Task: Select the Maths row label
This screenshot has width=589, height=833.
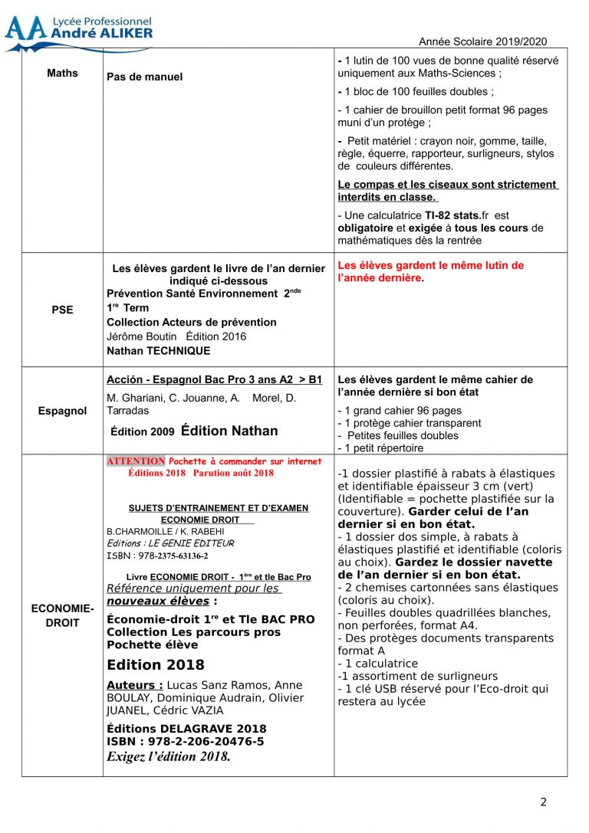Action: coord(62,74)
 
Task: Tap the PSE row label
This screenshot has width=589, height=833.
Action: coord(62,310)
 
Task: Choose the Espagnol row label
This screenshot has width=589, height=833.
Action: coord(62,411)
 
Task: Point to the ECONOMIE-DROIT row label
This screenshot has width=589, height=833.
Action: coord(62,615)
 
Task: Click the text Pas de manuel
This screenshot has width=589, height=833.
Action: coord(145,77)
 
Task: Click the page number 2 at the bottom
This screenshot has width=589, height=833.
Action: coord(544,802)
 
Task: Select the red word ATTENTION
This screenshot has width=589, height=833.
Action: coord(136,461)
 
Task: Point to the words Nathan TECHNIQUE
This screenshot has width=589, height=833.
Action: coord(158,350)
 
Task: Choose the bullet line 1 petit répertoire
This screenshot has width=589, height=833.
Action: coord(380,448)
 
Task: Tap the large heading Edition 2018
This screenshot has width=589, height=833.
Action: coord(156,664)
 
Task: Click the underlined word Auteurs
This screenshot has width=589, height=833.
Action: coord(134,685)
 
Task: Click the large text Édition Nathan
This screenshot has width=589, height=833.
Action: coord(229,431)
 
